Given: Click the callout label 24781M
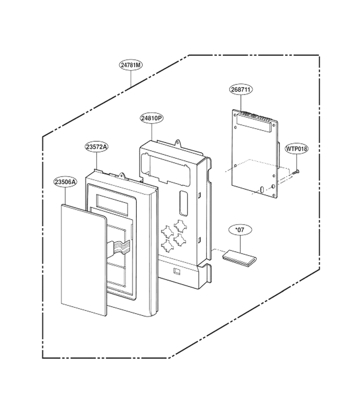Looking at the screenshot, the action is (131, 65).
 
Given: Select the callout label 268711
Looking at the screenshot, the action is (241, 90).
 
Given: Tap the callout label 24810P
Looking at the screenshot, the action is (152, 118).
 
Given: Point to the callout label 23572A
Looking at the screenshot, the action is (97, 147).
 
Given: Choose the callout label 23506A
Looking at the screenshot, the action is (65, 182).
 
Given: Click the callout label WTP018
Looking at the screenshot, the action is (297, 149).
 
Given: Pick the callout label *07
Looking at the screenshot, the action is (240, 229).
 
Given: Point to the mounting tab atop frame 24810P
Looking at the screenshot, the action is (178, 143).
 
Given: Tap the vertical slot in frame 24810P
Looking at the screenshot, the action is (183, 203).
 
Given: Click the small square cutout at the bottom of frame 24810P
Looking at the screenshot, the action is (177, 271).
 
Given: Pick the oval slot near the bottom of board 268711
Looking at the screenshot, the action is (262, 190).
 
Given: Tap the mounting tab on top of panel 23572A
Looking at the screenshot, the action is (121, 175).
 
